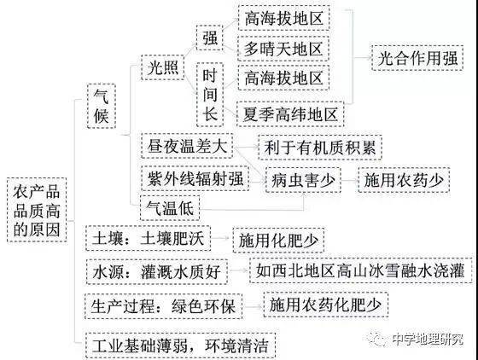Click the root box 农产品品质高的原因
pyautogui.click(x=37, y=210)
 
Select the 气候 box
pyautogui.click(x=102, y=106)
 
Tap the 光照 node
pyautogui.click(x=163, y=67)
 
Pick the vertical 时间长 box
pyautogui.click(x=210, y=95)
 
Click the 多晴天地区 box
pyautogui.click(x=283, y=49)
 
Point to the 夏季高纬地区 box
pyautogui.click(x=290, y=114)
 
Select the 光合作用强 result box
pyautogui.click(x=417, y=58)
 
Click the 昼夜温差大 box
pyautogui.click(x=187, y=146)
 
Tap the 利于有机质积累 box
pyautogui.click(x=320, y=147)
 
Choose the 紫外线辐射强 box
pyautogui.click(x=195, y=178)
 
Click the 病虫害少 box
pyautogui.click(x=303, y=180)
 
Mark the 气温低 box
pyautogui.click(x=170, y=208)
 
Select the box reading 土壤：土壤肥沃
pyautogui.click(x=149, y=238)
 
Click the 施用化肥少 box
pyautogui.click(x=278, y=240)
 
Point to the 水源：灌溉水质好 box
pyautogui.click(x=157, y=271)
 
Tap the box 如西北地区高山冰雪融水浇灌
pyautogui.click(x=360, y=270)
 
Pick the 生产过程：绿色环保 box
pyautogui.click(x=163, y=306)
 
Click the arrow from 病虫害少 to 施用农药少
pyautogui.click(x=349, y=180)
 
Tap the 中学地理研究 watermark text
pyautogui.click(x=428, y=339)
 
